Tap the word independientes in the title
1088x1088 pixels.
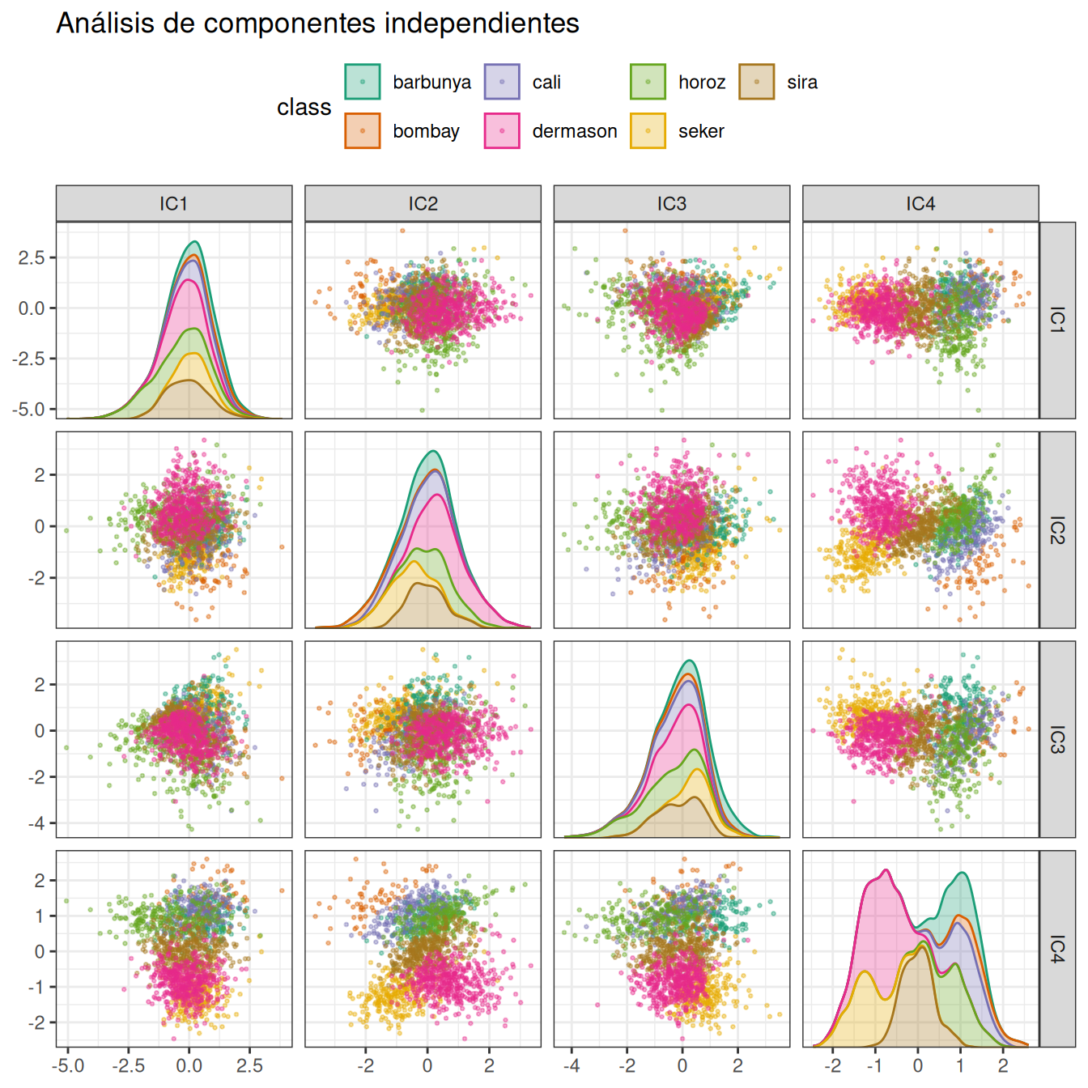pos(482,24)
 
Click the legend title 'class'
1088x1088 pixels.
pos(304,107)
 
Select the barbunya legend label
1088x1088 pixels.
pos(431,83)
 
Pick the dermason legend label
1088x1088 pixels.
pos(574,131)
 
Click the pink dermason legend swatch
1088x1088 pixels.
pos(502,131)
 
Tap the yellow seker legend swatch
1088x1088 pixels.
pos(648,131)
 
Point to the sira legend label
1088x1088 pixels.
pos(801,83)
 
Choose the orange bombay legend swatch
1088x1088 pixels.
pos(363,131)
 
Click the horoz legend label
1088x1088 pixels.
pos(701,83)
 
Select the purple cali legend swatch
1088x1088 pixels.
pos(502,83)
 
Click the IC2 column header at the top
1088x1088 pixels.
pos(423,204)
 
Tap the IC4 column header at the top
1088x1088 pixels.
pos(920,204)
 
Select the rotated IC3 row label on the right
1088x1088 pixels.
pos(1057,739)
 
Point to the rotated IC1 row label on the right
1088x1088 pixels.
pos(1057,320)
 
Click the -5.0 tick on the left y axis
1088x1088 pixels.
pos(29,410)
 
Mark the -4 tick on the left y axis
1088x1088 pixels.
pos(39,823)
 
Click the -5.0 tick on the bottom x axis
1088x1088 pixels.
pos(68,1065)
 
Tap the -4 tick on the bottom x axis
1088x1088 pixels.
pos(572,1065)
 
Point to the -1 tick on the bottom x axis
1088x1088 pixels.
pos(874,1065)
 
